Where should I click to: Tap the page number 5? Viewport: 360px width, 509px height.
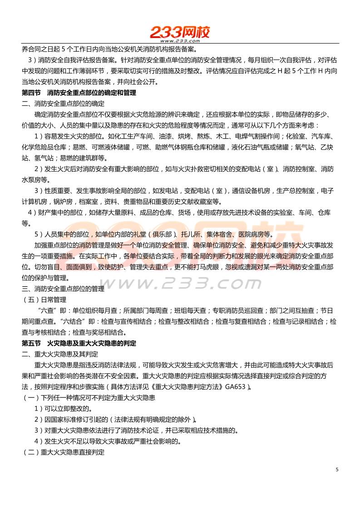tap(337, 470)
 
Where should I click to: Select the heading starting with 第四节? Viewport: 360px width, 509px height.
tap(79, 93)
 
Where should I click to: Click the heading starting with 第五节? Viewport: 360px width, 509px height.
tap(79, 343)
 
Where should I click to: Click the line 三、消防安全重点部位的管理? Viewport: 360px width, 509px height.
tap(63, 289)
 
